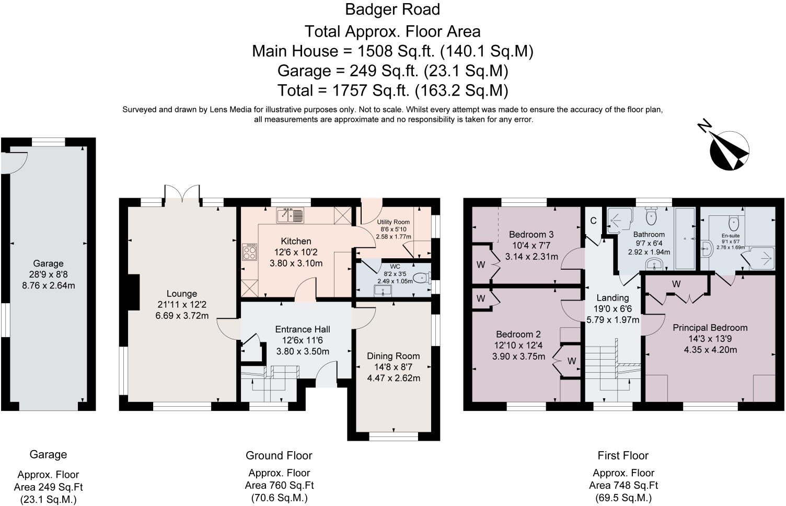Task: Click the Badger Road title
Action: [x=392, y=9]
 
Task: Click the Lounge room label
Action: [x=182, y=293]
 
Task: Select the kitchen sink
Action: [x=290, y=215]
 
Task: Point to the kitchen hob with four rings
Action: [x=249, y=252]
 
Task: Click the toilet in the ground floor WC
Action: [x=421, y=278]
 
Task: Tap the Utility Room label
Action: [x=394, y=222]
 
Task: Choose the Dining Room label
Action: [x=394, y=356]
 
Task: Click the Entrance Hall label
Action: [x=303, y=329]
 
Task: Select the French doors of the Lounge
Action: [x=182, y=194]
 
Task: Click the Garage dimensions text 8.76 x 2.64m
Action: [x=49, y=285]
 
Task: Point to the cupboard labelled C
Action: [x=593, y=221]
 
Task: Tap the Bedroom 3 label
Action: [x=531, y=234]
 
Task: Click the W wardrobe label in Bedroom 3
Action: [x=481, y=264]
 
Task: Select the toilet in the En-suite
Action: [x=734, y=223]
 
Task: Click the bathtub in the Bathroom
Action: [x=685, y=238]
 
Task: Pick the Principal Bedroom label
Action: [x=710, y=328]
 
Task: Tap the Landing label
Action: [x=612, y=297]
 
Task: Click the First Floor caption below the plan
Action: [x=623, y=455]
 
